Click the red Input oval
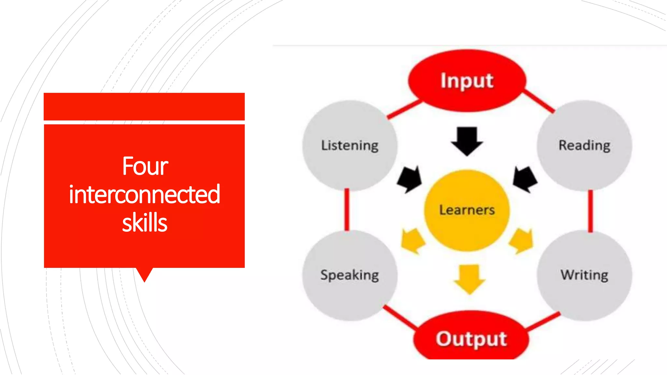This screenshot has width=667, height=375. pyautogui.click(x=467, y=81)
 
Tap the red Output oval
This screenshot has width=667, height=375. pyautogui.click(x=471, y=339)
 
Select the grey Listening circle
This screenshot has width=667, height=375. pyautogui.click(x=350, y=145)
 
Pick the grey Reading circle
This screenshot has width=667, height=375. pyautogui.click(x=584, y=145)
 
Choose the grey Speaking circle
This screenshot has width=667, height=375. pyautogui.click(x=350, y=275)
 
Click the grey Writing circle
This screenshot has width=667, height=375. pyautogui.click(x=584, y=275)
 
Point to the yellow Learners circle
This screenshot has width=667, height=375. pyautogui.click(x=467, y=210)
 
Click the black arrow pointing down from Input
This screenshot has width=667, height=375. pyautogui.click(x=467, y=141)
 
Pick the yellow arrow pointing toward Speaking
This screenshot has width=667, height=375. pyautogui.click(x=412, y=241)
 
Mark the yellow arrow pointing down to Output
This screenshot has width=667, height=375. pyautogui.click(x=469, y=279)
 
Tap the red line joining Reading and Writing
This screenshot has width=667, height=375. pyautogui.click(x=590, y=211)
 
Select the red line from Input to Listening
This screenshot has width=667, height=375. pyautogui.click(x=404, y=109)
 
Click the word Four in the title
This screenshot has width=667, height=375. pyautogui.click(x=145, y=166)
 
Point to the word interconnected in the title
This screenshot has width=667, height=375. pyautogui.click(x=144, y=194)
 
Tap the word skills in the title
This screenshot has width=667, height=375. pyautogui.click(x=145, y=223)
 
